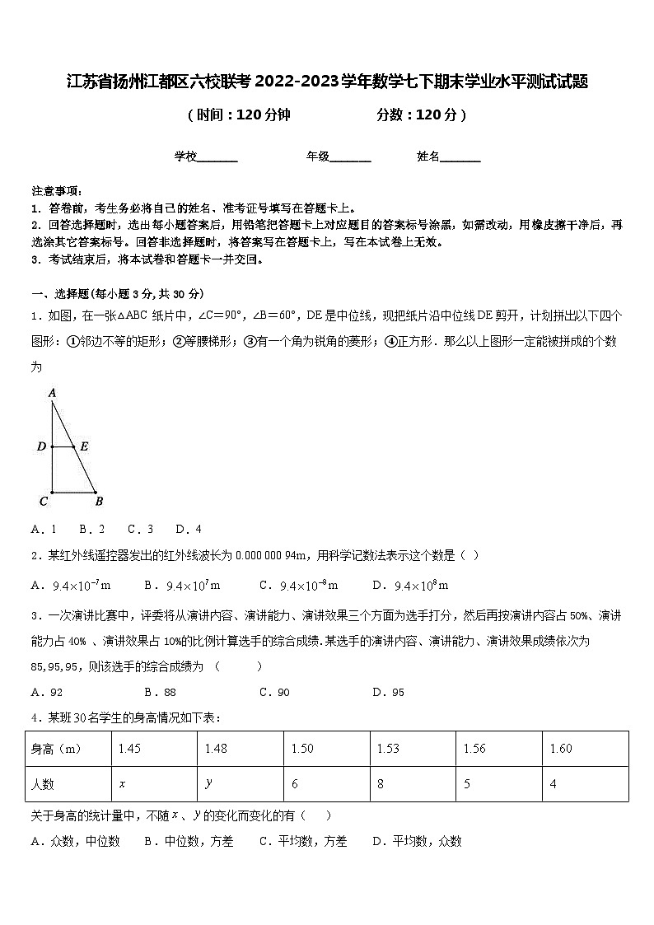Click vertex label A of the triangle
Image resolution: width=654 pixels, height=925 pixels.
point(52,394)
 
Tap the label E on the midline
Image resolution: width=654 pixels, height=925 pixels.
point(84,447)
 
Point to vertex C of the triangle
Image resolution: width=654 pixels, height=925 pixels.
point(43,500)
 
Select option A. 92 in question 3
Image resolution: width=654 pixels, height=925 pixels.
point(47,693)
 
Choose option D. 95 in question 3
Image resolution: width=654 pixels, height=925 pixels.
point(388,693)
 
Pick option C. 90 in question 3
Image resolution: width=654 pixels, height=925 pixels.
point(274,693)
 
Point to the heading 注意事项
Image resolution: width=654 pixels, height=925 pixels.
point(55,190)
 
